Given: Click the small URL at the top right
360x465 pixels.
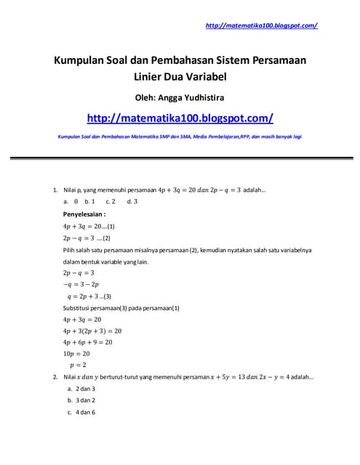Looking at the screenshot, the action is (262, 25).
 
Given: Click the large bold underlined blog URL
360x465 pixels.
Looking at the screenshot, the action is (180, 118).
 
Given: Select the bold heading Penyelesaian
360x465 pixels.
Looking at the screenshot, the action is (84, 214).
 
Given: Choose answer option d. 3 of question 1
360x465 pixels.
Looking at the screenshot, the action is (132, 201).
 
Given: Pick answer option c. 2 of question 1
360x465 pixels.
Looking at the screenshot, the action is (111, 201).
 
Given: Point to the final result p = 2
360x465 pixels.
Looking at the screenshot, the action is (78, 365).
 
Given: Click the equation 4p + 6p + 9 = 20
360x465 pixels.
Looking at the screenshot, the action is (88, 341).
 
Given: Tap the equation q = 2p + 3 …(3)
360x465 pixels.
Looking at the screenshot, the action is (89, 296).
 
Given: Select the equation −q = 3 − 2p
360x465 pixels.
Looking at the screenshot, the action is (81, 285).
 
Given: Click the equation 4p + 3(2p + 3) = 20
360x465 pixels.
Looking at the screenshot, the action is (92, 331).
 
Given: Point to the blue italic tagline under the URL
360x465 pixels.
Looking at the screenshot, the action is (180, 137).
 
